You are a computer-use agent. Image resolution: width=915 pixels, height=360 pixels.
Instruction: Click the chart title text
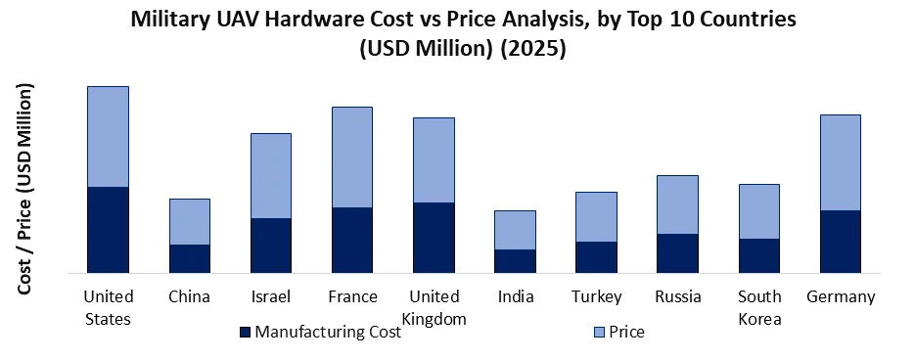(x=457, y=34)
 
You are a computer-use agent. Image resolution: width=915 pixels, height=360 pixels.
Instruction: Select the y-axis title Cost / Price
(x=25, y=189)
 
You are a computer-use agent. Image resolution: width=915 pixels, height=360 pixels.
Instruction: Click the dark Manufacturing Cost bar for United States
(x=109, y=229)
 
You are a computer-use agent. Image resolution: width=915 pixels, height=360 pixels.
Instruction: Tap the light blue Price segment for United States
(x=109, y=136)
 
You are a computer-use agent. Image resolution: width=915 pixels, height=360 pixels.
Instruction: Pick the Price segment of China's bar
(x=190, y=221)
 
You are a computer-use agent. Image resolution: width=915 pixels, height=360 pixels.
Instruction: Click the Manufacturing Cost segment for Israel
(x=271, y=245)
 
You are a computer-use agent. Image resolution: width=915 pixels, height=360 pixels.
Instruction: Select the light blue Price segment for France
(x=352, y=157)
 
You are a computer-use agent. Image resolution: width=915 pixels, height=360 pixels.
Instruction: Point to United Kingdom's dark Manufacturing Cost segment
(x=434, y=237)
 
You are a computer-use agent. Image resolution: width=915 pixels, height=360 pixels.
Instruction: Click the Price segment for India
(x=515, y=230)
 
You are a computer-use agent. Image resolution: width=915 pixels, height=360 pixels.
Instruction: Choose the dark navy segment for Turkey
(x=596, y=256)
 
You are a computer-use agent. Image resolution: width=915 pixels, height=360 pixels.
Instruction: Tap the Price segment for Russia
(x=677, y=204)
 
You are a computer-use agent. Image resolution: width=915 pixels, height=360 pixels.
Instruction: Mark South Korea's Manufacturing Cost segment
(x=758, y=255)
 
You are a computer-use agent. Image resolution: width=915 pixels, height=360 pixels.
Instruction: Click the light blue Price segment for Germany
(x=840, y=162)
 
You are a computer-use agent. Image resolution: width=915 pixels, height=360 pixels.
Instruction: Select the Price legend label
(x=626, y=333)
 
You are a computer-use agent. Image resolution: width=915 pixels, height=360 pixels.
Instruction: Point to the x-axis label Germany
(x=840, y=296)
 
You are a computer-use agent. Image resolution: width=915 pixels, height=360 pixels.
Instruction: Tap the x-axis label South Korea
(x=758, y=307)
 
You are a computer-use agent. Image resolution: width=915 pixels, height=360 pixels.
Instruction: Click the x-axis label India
(x=515, y=296)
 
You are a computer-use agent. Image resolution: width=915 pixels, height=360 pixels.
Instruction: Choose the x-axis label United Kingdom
(x=434, y=307)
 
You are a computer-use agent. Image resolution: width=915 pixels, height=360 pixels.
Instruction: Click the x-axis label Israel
(x=271, y=296)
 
